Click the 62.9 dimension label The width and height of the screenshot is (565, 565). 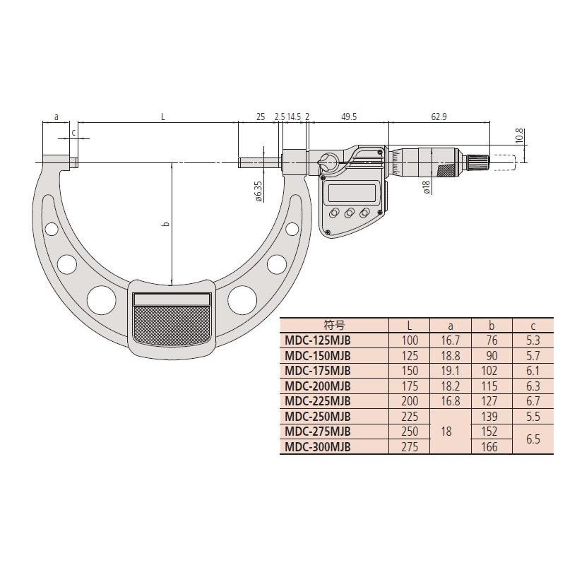click(x=439, y=117)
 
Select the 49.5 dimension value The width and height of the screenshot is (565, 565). click(x=348, y=117)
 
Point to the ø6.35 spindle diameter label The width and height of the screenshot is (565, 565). click(x=258, y=191)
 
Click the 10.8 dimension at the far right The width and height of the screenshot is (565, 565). click(x=519, y=136)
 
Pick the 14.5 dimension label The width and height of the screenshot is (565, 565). click(x=294, y=117)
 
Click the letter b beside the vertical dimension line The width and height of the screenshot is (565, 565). click(x=166, y=224)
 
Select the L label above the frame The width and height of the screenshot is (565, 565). click(x=163, y=117)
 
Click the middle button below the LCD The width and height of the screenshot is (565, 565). click(x=349, y=213)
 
